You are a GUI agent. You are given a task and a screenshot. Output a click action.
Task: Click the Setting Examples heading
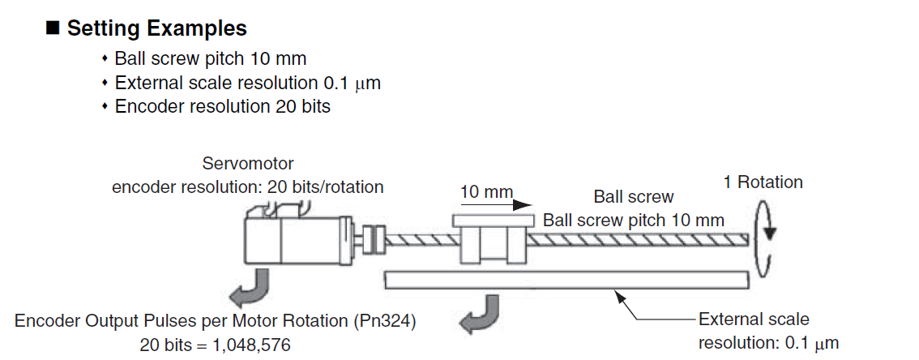click(156, 28)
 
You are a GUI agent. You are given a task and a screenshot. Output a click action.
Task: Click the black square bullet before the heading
click(53, 28)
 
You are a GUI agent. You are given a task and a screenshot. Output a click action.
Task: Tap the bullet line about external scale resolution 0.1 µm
click(247, 83)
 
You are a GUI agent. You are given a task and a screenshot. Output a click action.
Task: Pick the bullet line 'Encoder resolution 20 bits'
click(222, 106)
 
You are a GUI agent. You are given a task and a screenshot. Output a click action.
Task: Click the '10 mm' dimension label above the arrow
click(486, 192)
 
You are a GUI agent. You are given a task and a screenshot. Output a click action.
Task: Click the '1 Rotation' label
click(763, 182)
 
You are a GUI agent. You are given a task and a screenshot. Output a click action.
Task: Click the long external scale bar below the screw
click(567, 279)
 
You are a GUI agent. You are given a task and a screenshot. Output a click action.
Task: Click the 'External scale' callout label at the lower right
click(754, 319)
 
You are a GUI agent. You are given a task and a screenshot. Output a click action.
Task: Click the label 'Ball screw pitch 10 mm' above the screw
click(633, 220)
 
